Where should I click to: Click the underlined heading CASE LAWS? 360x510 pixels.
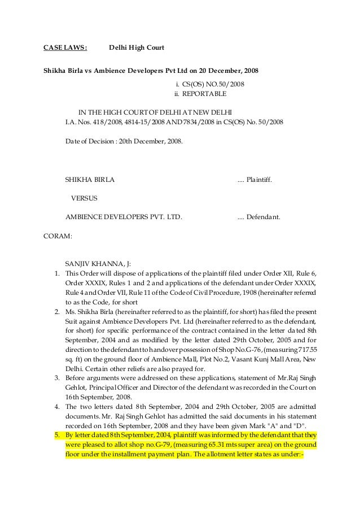pyautogui.click(x=65, y=48)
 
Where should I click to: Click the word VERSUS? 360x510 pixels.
pyautogui.click(x=85, y=198)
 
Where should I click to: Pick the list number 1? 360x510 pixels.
pyautogui.click(x=57, y=273)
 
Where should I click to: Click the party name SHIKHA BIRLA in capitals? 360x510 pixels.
pyautogui.click(x=90, y=180)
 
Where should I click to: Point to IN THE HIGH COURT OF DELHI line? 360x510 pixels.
pyautogui.click(x=151, y=111)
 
